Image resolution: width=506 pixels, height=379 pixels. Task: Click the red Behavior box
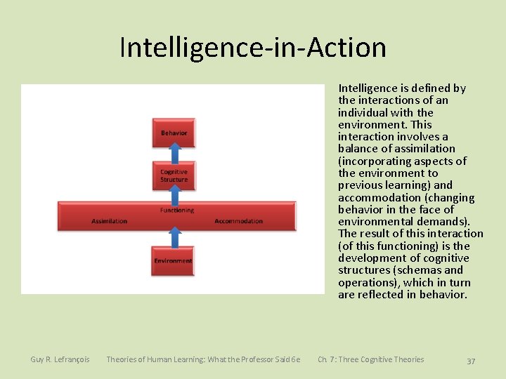tap(174, 133)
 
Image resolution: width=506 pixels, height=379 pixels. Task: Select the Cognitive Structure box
tap(174, 175)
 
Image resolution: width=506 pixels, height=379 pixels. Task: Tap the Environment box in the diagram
tap(173, 260)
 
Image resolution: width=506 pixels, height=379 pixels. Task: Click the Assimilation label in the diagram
tap(110, 221)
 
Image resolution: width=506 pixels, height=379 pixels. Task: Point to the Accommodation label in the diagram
tap(238, 221)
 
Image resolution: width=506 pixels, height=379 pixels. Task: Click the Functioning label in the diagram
tap(177, 210)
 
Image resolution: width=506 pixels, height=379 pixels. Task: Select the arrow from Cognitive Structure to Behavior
tap(174, 154)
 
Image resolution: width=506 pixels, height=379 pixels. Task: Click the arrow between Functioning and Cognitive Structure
tap(174, 196)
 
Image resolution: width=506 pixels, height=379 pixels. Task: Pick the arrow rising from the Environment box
tap(174, 236)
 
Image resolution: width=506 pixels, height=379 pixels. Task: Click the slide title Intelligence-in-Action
tap(253, 48)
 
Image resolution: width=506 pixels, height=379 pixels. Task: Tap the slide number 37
tap(471, 361)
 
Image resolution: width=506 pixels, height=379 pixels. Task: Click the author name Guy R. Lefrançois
tap(60, 359)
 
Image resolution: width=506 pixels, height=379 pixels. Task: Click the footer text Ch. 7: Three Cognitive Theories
tap(370, 359)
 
